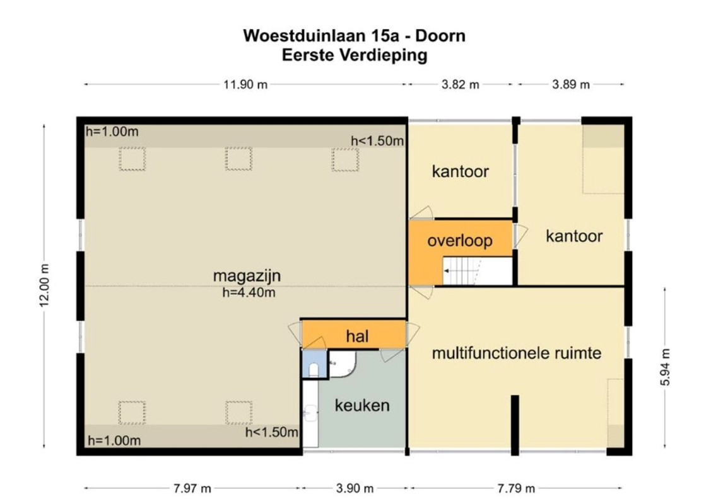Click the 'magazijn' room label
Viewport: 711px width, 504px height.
247,276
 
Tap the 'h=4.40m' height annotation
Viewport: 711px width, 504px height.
249,292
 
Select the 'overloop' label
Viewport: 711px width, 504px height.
460,241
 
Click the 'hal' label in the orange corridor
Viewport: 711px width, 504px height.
357,336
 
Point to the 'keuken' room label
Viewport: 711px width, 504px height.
362,405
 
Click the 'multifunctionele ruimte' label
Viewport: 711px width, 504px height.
517,353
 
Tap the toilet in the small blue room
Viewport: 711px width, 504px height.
314,370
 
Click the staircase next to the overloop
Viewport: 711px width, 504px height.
477,272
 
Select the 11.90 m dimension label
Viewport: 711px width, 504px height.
245,84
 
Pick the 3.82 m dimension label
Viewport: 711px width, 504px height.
461,84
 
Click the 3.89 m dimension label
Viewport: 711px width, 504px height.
571,84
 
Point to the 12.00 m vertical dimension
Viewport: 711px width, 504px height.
44,285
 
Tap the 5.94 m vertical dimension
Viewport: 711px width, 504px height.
665,367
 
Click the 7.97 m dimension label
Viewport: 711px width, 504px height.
192,489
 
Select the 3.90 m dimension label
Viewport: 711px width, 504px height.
355,489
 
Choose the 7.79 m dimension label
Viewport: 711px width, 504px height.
516,489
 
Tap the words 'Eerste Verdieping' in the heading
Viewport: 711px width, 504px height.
355,55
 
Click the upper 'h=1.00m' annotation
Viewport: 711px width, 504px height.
112,132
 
